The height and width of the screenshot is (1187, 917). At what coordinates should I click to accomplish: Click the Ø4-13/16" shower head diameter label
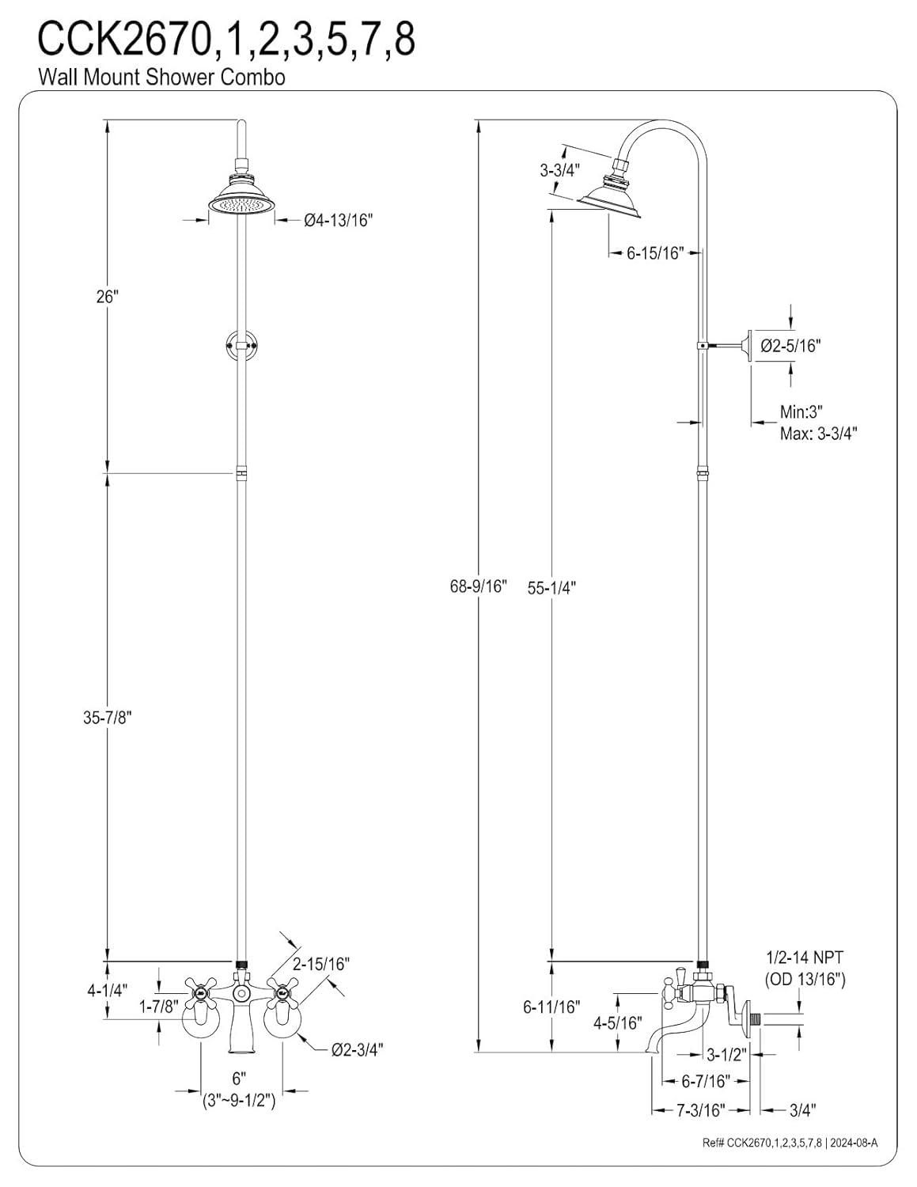point(338,222)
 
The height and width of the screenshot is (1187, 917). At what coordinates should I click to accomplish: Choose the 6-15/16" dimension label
point(654,253)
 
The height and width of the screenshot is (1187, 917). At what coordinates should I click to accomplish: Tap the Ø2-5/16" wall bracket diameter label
point(790,345)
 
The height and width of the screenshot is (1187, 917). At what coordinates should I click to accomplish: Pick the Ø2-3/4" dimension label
point(358,1049)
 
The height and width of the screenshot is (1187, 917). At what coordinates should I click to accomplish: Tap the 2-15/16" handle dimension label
point(320,964)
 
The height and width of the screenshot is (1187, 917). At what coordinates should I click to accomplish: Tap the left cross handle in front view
point(200,988)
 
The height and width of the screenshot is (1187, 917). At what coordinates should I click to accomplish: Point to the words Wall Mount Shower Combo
point(161,77)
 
